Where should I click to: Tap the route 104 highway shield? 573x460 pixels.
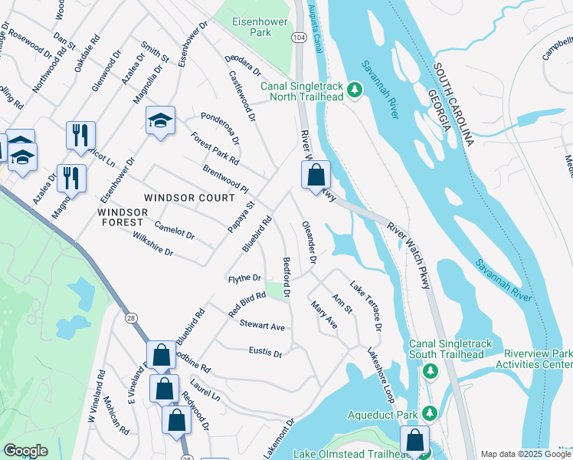297,37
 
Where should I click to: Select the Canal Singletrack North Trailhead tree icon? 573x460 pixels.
355,91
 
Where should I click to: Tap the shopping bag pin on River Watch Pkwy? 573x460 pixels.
316,176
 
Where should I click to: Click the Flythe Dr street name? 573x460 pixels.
244,278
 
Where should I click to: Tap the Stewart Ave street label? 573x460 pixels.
262,327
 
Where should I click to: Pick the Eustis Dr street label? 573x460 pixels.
265,353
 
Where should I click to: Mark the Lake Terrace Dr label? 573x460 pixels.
366,306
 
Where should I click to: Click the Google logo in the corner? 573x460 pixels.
25,451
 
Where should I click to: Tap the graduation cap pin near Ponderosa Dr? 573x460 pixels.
161,122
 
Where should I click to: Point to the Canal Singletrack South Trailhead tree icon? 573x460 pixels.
431,371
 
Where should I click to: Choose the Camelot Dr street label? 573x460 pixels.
174,230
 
